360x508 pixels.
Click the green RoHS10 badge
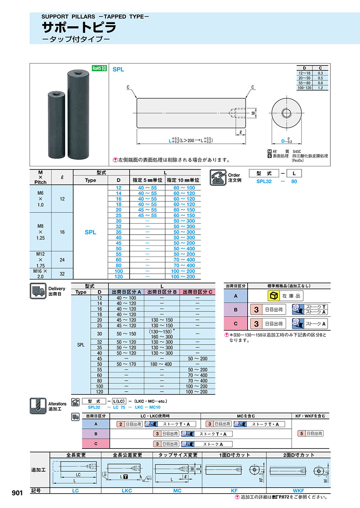pyautogui.click(x=99, y=68)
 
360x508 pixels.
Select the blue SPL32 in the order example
pyautogui.click(x=264, y=181)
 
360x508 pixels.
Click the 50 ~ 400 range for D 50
pyautogui.click(x=184, y=249)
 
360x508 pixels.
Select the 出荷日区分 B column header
pyautogui.click(x=162, y=292)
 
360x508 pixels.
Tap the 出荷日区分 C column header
pyautogui.click(x=197, y=292)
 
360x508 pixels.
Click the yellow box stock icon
pyautogui.click(x=273, y=296)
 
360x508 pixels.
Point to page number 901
pyautogui.click(x=17, y=493)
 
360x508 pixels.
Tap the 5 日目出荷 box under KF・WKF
pyautogui.click(x=311, y=433)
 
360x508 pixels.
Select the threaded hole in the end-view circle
pyautogui.click(x=286, y=113)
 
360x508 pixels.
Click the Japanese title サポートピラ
pyautogui.click(x=80, y=27)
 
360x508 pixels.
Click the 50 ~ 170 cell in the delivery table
pyautogui.click(x=126, y=364)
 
